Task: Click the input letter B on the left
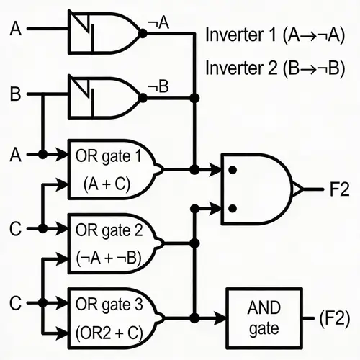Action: pyautogui.click(x=15, y=94)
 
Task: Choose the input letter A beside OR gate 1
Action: pyautogui.click(x=15, y=154)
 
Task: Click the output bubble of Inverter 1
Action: pyautogui.click(x=143, y=32)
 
